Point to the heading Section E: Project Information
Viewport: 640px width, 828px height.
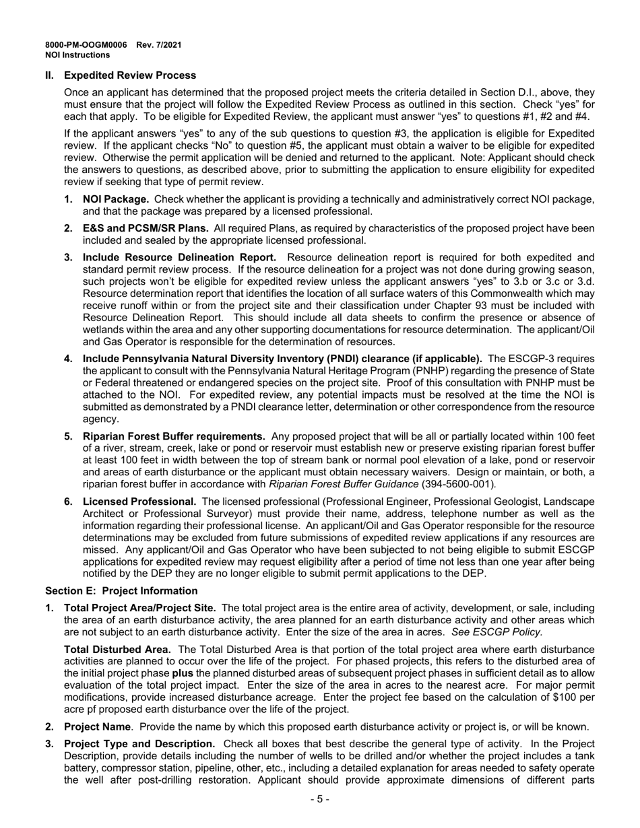coord(121,591)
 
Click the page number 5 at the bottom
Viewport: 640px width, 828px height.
coord(320,799)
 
